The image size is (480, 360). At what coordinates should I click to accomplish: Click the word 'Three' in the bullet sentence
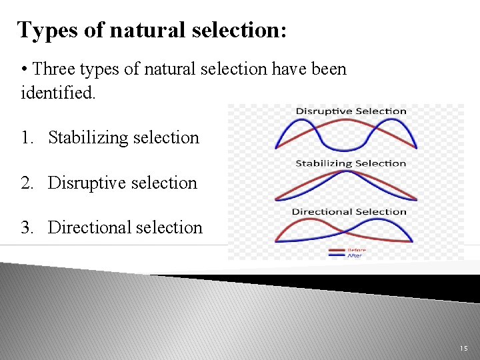tap(55, 69)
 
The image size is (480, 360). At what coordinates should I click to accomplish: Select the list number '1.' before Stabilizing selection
tap(28, 138)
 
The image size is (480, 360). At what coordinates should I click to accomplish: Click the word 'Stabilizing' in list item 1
tap(83, 138)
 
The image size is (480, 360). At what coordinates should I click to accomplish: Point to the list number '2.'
tap(28, 183)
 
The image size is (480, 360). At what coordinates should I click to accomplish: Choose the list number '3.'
tap(28, 228)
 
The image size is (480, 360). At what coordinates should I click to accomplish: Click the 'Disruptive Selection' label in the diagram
tap(351, 111)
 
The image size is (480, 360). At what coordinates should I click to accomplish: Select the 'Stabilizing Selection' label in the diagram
tap(351, 163)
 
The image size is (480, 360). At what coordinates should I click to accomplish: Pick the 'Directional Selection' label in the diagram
tap(349, 212)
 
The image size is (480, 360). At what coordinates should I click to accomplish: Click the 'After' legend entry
tap(354, 256)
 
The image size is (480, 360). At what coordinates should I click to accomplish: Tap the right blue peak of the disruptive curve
tap(395, 122)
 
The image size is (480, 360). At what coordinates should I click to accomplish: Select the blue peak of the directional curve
tap(385, 221)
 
